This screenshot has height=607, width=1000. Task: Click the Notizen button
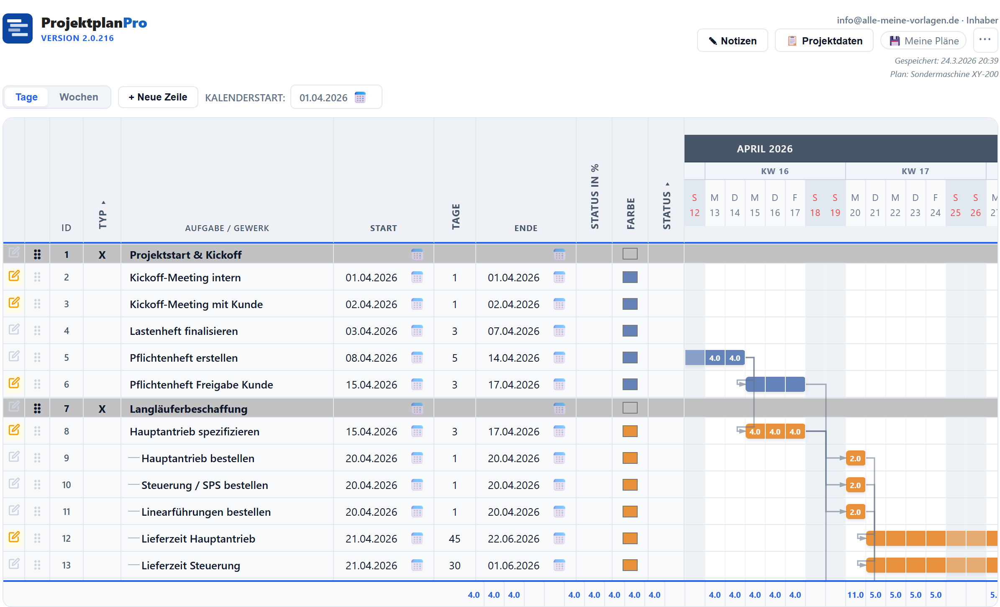732,41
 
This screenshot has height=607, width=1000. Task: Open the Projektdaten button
824,41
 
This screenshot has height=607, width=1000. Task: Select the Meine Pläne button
923,41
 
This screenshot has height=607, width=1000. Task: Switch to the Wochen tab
79,97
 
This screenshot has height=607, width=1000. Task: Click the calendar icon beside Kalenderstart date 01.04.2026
360,98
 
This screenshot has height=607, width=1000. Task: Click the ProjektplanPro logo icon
18,28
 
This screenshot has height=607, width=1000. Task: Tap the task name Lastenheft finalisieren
184,331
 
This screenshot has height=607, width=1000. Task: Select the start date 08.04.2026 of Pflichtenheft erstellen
371,358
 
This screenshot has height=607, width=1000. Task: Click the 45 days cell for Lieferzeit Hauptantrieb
454,539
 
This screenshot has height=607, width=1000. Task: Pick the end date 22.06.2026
513,539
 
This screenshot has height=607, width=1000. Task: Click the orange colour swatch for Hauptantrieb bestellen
630,458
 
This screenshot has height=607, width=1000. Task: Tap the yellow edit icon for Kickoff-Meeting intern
14,276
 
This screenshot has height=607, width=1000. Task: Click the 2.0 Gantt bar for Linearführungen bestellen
855,512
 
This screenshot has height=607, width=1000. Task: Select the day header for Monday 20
855,205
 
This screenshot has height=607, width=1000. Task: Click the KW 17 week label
915,171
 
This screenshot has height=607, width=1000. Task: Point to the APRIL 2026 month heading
764,149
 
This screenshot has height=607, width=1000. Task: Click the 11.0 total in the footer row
855,595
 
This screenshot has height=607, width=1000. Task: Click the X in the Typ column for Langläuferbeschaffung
102,409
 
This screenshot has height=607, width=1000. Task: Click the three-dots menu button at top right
985,40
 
